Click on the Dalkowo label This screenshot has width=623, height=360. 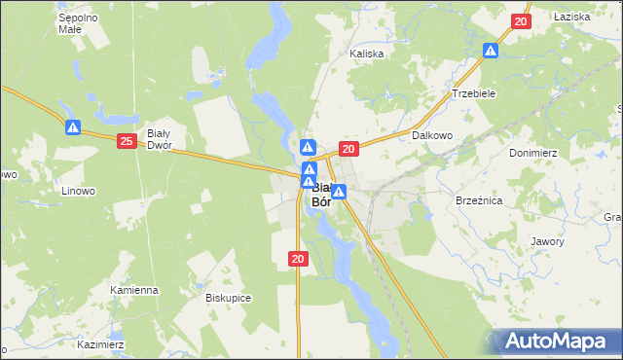(433, 136)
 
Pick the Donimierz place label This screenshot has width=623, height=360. (532, 154)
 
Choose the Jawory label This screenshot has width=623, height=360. (547, 241)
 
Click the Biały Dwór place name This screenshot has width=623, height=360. (159, 138)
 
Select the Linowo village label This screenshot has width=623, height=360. (77, 191)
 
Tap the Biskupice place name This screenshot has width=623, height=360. (230, 298)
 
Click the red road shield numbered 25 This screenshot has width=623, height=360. (127, 142)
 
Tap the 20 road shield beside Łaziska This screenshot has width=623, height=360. (520, 21)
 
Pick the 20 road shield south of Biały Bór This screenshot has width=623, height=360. (299, 258)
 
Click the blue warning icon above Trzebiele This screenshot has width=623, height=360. (492, 50)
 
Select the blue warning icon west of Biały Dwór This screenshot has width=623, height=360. (73, 126)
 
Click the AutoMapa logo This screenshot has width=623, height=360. (560, 342)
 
